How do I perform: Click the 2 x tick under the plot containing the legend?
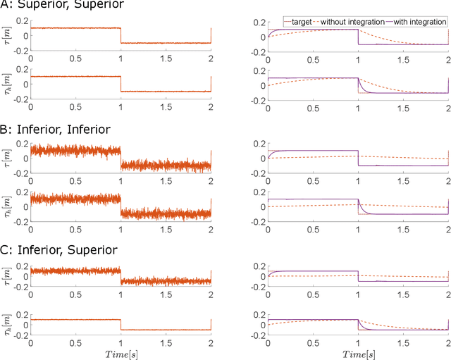(x=447, y=61)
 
